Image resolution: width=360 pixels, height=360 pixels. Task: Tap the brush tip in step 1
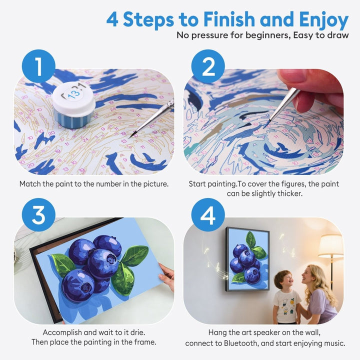pos(131,135)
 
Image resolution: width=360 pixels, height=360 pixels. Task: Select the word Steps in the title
pos(152,20)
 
